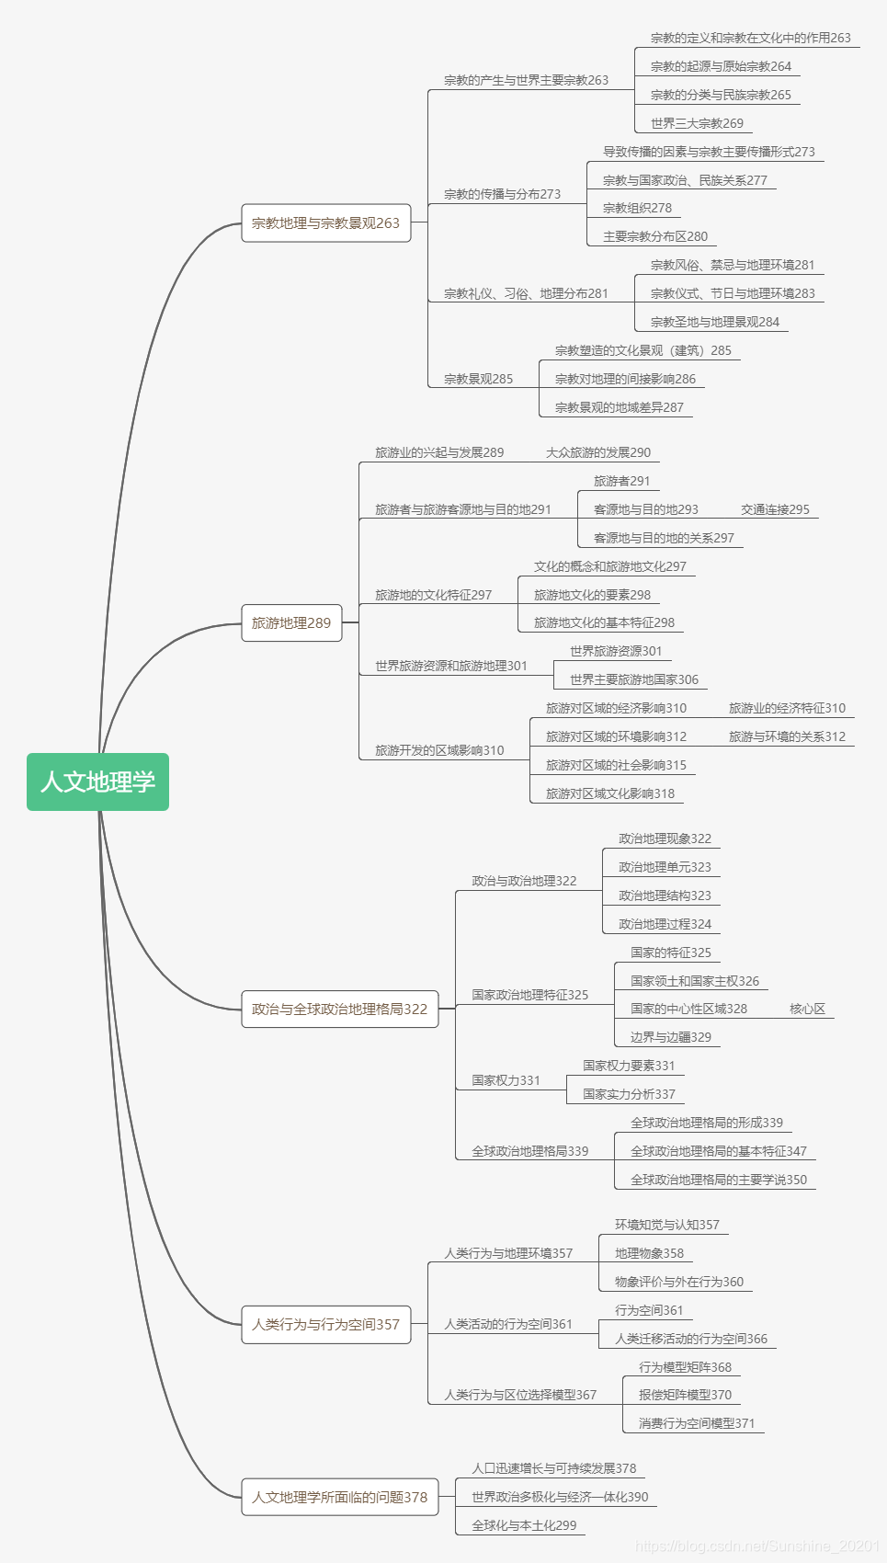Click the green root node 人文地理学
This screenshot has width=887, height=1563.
point(97,781)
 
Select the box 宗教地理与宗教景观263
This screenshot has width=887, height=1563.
point(325,222)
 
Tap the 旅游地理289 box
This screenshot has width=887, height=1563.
point(290,622)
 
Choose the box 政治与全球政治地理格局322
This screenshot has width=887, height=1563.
point(339,1009)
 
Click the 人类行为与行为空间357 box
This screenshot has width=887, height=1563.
point(325,1324)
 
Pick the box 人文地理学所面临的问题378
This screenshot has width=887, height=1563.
point(339,1497)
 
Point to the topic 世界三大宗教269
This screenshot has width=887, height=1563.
point(697,123)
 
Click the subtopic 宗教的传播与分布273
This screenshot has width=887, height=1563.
point(502,194)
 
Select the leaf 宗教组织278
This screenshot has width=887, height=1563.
point(637,208)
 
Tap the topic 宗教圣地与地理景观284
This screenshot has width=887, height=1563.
point(714,322)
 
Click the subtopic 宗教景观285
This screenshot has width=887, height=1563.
point(478,379)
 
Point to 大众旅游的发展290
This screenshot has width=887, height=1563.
point(597,452)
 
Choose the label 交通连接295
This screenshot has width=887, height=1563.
point(775,509)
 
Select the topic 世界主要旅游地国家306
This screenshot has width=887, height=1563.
point(633,679)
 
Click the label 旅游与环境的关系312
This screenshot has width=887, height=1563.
point(787,736)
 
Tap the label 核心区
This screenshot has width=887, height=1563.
point(807,1009)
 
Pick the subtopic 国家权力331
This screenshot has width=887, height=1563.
point(506,1080)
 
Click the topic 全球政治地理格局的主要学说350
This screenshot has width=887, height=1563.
point(718,1180)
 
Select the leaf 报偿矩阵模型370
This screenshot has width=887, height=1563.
point(685,1395)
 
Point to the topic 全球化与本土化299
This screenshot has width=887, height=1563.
point(524,1525)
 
